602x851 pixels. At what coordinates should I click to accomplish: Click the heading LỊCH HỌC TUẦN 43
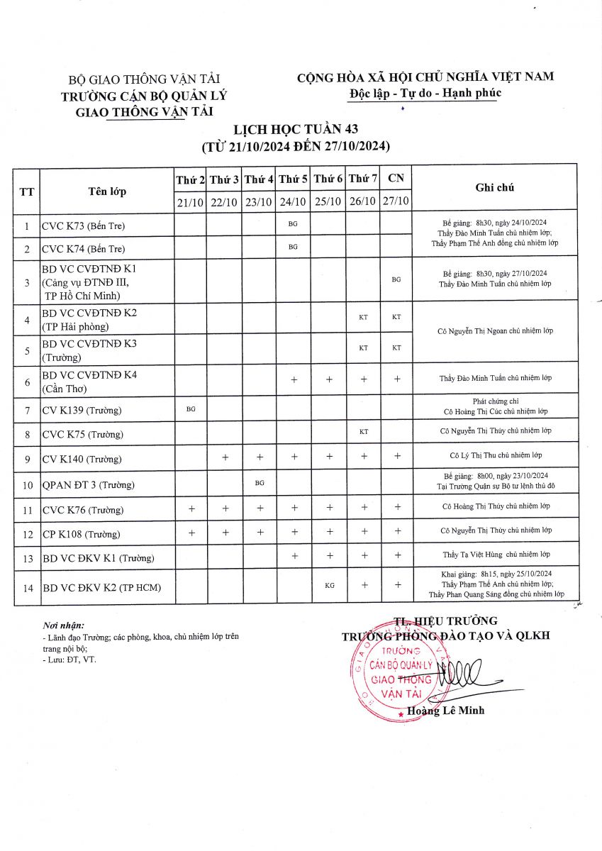[x=296, y=128]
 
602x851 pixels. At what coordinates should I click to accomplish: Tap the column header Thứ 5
[x=293, y=180]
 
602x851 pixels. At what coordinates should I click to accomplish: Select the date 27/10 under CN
[x=396, y=202]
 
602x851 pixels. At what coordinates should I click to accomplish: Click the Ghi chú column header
[x=494, y=188]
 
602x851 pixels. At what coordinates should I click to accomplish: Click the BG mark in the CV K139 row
[x=190, y=409]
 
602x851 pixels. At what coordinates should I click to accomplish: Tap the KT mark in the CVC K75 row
[x=363, y=431]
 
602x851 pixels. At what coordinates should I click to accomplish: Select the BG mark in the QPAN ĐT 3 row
[x=260, y=483]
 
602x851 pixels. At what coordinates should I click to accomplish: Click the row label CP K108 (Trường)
[x=81, y=534]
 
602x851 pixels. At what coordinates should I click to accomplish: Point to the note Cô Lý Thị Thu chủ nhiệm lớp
[x=495, y=455]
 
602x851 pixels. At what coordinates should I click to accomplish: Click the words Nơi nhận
[x=63, y=625]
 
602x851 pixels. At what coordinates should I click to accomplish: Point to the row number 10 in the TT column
[x=27, y=485]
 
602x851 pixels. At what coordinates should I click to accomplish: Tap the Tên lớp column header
[x=107, y=191]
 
